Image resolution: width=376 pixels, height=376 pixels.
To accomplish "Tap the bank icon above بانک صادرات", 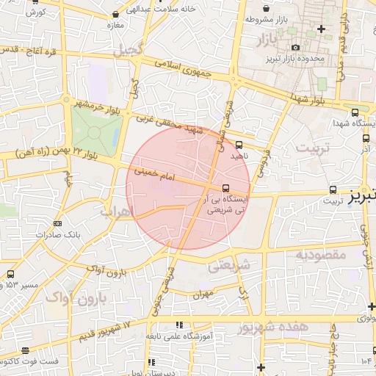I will coord(57,224).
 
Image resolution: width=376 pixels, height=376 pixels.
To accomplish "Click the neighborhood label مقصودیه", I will coord(320,255).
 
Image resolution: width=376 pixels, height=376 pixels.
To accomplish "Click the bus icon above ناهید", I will coord(239,145).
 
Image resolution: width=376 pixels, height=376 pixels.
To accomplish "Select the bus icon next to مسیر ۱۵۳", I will coord(10,274).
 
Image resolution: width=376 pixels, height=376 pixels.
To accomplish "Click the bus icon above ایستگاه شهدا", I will coord(355,112).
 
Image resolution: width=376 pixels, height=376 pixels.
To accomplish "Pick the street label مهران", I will coord(203,294).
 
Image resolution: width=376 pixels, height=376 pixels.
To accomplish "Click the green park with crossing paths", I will coord(95,133).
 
